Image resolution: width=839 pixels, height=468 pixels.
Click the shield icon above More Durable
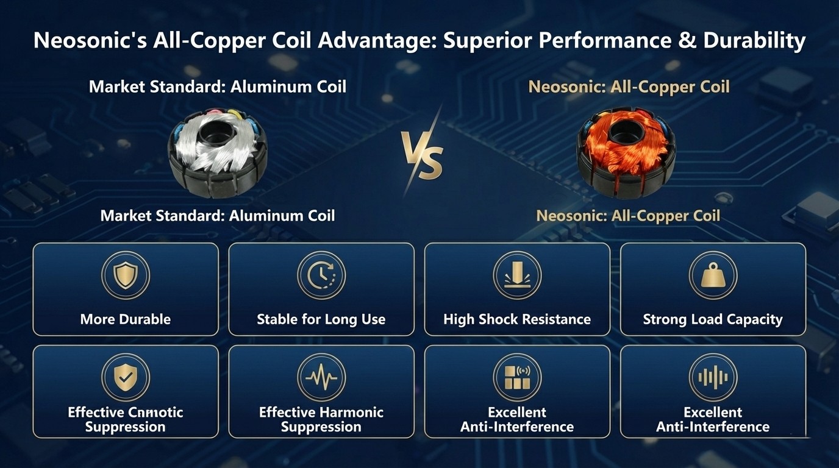click(x=126, y=275)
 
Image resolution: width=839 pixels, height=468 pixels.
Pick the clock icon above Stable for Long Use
click(x=321, y=275)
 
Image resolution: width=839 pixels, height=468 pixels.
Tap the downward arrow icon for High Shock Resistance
click(x=517, y=275)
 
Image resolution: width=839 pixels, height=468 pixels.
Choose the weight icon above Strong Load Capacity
click(x=713, y=275)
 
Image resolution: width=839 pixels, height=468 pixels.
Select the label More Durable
click(x=126, y=319)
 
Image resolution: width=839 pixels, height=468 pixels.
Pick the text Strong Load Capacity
click(x=713, y=319)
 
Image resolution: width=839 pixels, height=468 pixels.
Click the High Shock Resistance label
click(x=517, y=319)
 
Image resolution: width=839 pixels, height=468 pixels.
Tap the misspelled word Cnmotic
click(x=155, y=413)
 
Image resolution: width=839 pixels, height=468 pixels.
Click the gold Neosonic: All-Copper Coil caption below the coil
click(x=628, y=216)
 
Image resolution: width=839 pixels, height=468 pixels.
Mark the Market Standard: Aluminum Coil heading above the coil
click(x=218, y=87)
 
